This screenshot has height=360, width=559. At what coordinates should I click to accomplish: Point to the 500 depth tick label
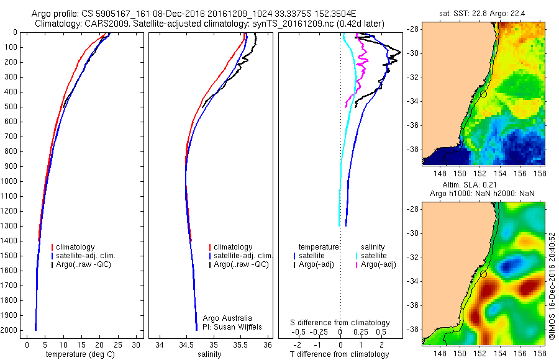(11, 107)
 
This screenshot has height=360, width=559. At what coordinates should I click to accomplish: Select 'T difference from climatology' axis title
(341, 354)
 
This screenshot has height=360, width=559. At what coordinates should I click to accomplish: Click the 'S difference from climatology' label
(340, 323)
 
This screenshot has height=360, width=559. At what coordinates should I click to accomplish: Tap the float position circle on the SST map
(483, 94)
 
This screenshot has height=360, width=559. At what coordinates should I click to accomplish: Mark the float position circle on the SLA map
(483, 274)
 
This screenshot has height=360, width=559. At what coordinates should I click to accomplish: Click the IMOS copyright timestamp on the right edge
(552, 286)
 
